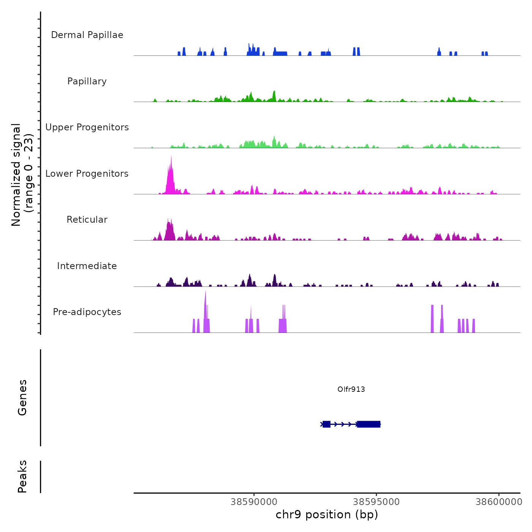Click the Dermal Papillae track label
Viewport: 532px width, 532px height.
pos(87,35)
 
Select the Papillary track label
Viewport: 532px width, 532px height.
pos(87,81)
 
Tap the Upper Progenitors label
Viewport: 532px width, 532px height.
pos(87,127)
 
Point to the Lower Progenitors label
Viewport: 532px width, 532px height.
pos(87,174)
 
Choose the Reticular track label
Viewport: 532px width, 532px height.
pos(87,220)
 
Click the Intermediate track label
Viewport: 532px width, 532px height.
pos(87,266)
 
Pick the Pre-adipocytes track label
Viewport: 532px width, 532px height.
pos(87,312)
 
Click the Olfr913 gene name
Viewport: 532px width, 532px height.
pos(351,389)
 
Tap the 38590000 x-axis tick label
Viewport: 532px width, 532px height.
pos(254,502)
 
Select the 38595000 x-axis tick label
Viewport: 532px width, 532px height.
pos(376,502)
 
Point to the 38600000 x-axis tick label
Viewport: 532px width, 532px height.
pos(499,502)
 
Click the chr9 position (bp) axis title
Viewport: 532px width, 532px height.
pos(327,515)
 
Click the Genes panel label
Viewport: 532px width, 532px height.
pos(22,397)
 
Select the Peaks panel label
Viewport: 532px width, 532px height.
pos(22,477)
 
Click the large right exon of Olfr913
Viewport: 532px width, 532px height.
pos(369,424)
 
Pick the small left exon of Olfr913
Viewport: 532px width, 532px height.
pos(326,424)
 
